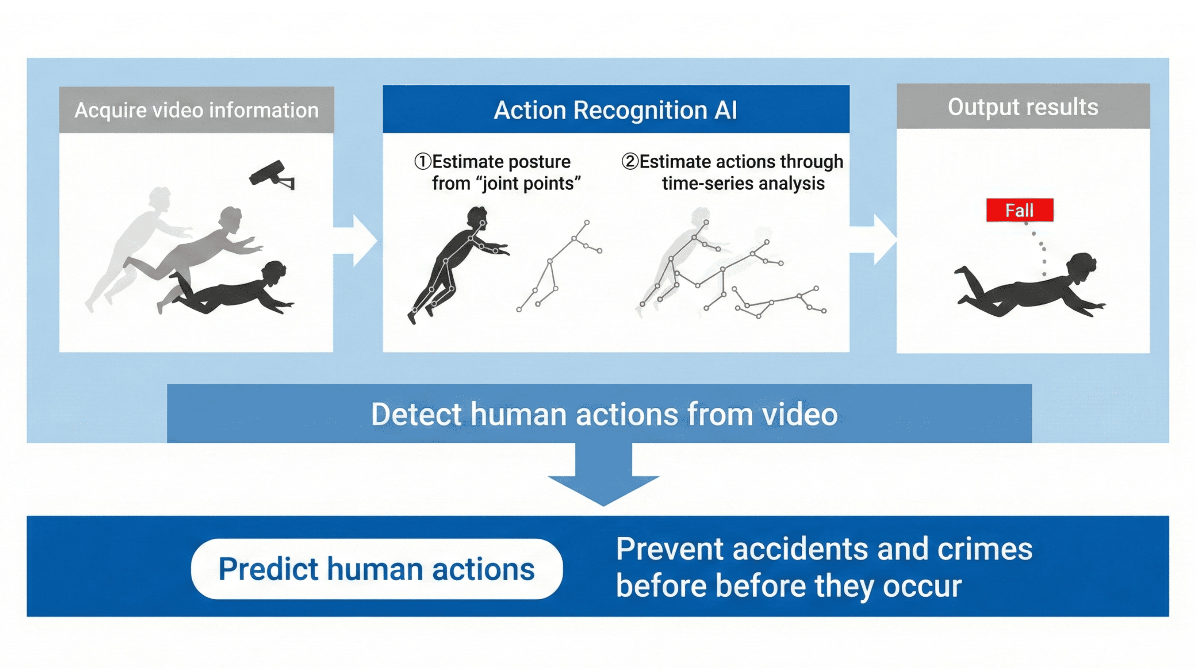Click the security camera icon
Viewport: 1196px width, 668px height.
coord(271,174)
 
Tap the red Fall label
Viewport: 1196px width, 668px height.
coord(1020,210)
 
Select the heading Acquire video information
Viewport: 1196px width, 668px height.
coord(196,110)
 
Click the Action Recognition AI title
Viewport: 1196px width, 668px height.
coord(615,110)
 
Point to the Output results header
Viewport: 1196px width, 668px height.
coord(1023,107)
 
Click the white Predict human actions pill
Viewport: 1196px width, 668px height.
coord(376,568)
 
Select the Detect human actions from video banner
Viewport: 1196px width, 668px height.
coord(604,414)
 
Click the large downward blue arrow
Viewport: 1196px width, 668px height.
coord(604,478)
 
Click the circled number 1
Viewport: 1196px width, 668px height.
coord(422,162)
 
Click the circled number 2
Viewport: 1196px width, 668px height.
coord(630,162)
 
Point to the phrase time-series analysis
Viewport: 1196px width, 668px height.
coord(743,184)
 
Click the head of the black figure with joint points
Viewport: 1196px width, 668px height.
coord(477,217)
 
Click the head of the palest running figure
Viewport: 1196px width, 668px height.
coord(159,197)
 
